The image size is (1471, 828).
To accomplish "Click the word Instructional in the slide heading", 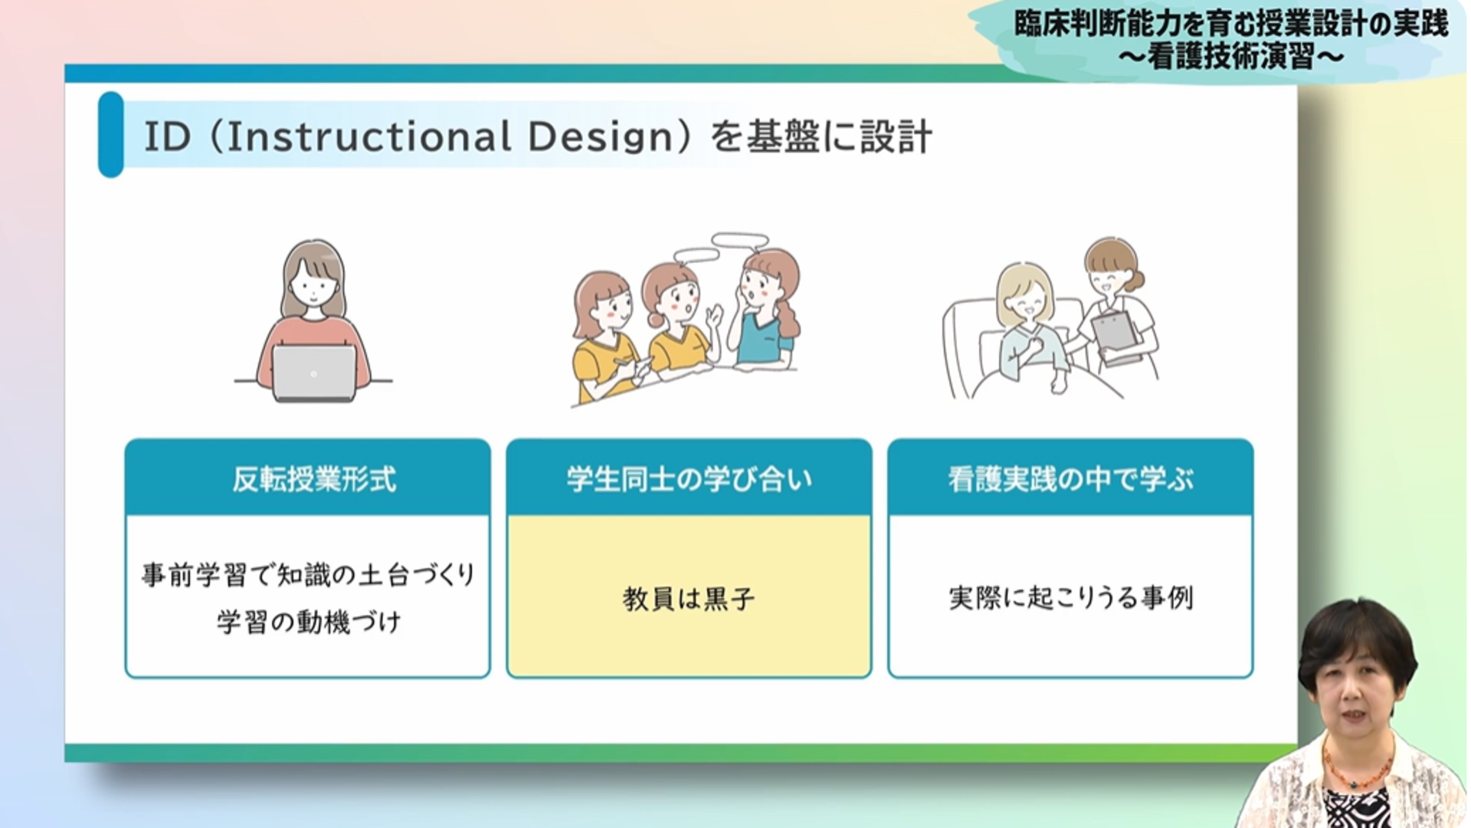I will pyautogui.click(x=369, y=137).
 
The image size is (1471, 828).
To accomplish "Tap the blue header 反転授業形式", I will pyautogui.click(x=314, y=479).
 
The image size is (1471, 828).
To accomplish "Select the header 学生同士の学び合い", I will pyautogui.click(x=689, y=479).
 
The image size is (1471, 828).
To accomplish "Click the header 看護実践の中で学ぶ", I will pyautogui.click(x=1070, y=479).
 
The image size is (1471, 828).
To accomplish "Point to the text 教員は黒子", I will pyautogui.click(x=689, y=599).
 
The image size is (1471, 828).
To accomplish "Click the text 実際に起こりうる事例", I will pyautogui.click(x=1070, y=597).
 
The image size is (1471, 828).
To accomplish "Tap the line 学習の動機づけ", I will pyautogui.click(x=309, y=622).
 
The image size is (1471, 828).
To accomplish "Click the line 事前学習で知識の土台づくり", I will pyautogui.click(x=309, y=574).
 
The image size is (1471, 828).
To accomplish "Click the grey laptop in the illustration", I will pyautogui.click(x=314, y=373).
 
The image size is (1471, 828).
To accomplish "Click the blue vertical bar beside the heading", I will pyautogui.click(x=111, y=135).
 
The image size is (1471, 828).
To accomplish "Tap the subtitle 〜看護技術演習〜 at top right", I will pyautogui.click(x=1230, y=56).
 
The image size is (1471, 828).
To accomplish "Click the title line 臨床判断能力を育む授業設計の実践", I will pyautogui.click(x=1230, y=24).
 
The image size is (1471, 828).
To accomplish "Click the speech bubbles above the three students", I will pyautogui.click(x=720, y=247).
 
